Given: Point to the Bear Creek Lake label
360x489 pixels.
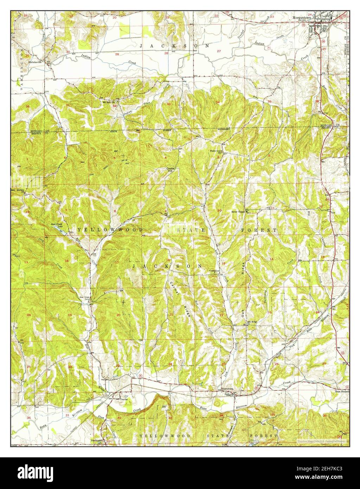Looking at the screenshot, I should [57, 225].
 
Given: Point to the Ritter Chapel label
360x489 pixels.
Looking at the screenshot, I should [238, 212].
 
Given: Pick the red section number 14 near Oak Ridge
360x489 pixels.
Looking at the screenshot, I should [271, 259].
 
